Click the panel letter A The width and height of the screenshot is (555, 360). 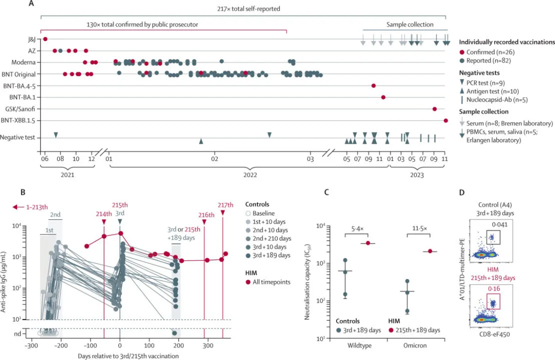[31, 4]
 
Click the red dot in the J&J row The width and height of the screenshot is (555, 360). [45, 39]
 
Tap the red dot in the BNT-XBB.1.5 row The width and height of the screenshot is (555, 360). [445, 120]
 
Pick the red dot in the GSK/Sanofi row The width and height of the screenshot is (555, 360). [434, 109]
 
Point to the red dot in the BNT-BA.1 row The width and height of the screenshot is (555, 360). [383, 97]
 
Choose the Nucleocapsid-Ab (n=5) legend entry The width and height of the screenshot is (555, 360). [496, 100]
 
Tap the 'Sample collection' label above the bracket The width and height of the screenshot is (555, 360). [410, 24]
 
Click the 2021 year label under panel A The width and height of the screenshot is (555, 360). [66, 175]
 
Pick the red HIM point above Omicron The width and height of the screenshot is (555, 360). [430, 251]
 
